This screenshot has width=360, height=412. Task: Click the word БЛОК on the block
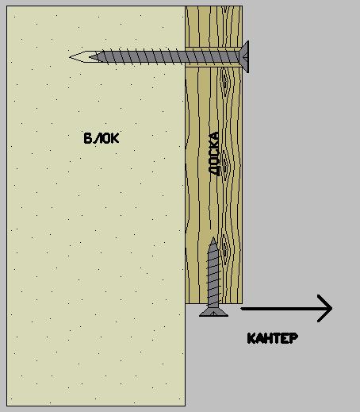point(101,138)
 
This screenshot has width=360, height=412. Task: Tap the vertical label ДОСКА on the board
point(214,153)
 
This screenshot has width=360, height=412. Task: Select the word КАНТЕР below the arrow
point(273,338)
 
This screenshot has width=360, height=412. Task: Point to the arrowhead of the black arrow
point(325,308)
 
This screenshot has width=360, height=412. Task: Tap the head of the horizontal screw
point(245,56)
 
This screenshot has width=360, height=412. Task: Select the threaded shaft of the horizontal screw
point(167,57)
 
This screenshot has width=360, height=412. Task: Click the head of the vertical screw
point(213,312)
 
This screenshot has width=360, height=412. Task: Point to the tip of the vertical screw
point(213,238)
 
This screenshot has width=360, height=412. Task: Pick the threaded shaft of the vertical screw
point(213,275)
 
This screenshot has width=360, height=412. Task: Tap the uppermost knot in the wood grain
point(224,82)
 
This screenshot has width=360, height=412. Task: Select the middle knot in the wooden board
point(225,164)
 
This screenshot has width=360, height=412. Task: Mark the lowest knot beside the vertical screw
point(225,248)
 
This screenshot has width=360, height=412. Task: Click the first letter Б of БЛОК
point(87,138)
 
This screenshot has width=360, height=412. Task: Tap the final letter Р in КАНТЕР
point(294,338)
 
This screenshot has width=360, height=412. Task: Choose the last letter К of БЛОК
point(115,138)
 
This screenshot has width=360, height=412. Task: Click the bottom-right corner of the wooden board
point(243,303)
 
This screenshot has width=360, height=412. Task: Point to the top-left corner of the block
point(7,6)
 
